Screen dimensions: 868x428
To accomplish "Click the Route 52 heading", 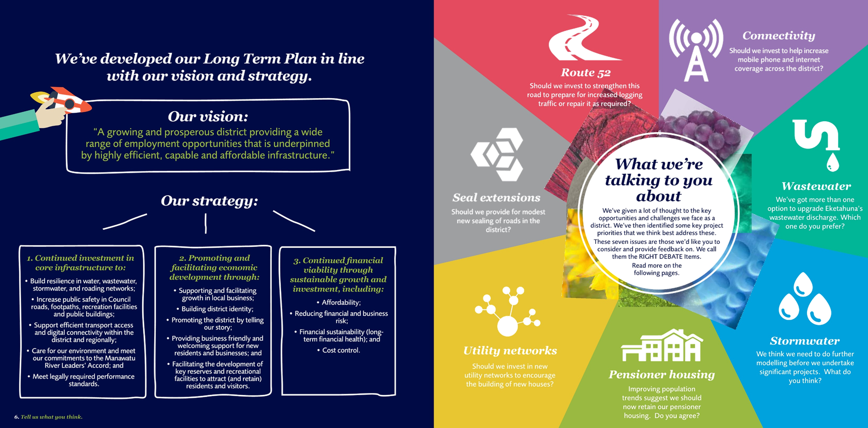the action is click(585, 73).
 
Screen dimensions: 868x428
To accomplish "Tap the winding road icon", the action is click(584, 37).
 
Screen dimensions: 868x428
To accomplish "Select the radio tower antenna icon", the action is click(696, 50).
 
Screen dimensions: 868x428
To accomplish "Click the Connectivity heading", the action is click(779, 35).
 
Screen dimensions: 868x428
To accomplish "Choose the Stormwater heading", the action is click(804, 341).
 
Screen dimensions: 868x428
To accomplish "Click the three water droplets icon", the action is click(804, 298).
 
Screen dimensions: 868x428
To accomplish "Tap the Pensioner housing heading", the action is click(662, 375).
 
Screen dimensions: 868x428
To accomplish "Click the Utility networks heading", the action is click(510, 350).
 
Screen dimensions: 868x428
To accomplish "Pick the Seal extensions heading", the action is click(496, 197).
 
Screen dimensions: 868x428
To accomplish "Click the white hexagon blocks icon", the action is click(498, 154).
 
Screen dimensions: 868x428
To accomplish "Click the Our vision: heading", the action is click(208, 117).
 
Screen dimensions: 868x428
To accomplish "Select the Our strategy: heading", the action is click(209, 201).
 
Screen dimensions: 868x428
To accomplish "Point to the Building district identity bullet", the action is click(215, 309).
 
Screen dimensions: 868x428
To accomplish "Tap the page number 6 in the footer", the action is click(17, 417).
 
